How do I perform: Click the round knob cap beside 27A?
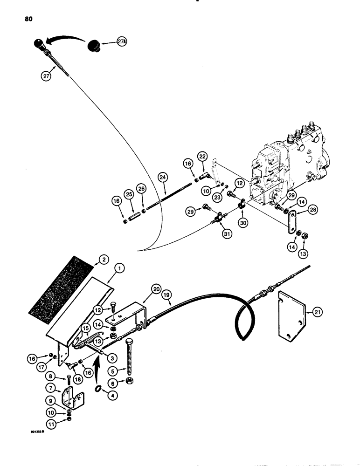click(97, 47)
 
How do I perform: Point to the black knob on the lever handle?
click(38, 45)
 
